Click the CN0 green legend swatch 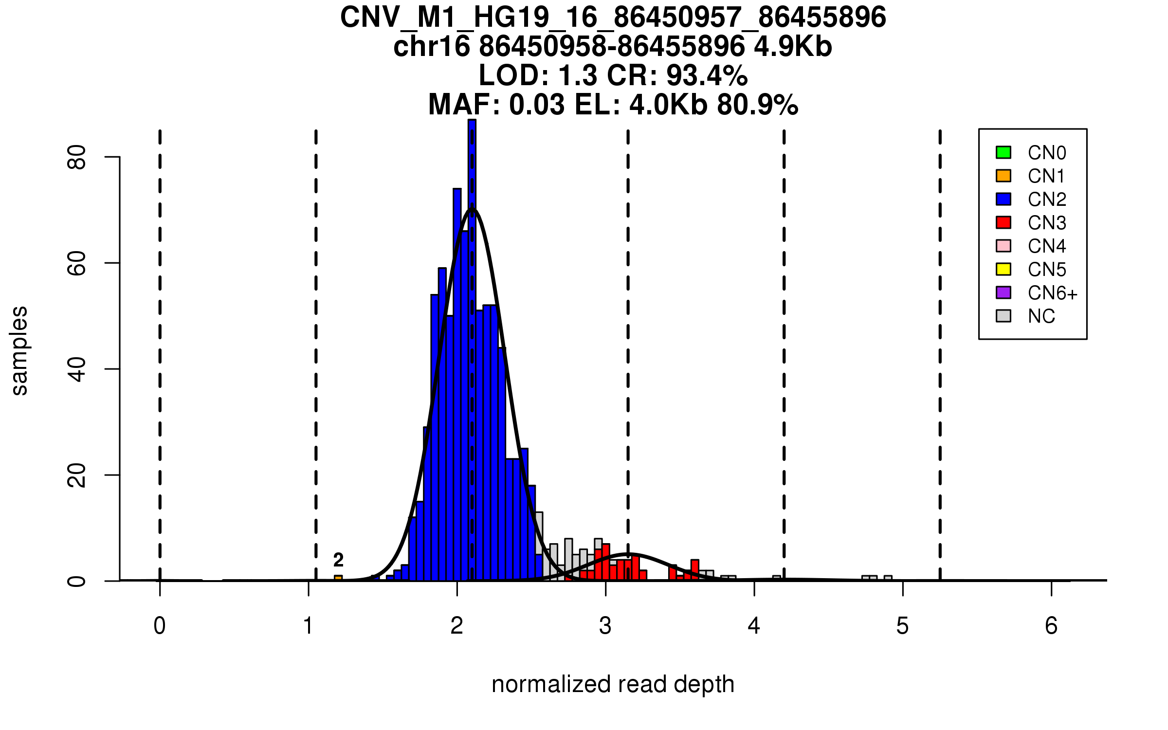point(1003,152)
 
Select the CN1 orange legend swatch point(1003,176)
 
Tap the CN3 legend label point(1047,223)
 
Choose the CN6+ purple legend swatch point(1003,292)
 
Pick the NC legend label point(1041,316)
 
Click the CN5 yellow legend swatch point(1003,269)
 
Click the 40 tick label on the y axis point(77,369)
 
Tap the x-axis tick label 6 point(1051,626)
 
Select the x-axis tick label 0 point(160,626)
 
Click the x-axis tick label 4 point(754,626)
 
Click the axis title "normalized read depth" point(613,684)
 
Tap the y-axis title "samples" point(19,350)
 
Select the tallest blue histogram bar point(472,341)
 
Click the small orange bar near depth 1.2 point(338,578)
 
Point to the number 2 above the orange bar point(338,560)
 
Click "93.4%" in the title point(707,75)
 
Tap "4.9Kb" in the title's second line point(793,47)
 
